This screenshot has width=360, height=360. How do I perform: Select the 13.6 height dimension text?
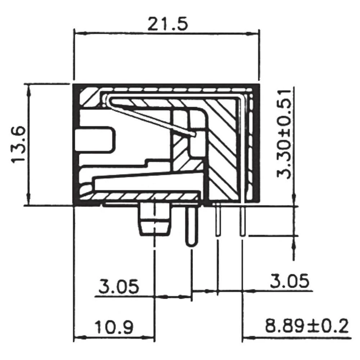point(19,144)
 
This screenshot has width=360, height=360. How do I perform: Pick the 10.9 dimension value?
point(114,328)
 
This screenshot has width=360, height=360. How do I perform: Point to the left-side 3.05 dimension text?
point(119,287)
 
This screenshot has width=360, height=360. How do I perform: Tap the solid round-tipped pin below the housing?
point(192,227)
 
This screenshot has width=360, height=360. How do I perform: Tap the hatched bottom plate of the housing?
point(144,197)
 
